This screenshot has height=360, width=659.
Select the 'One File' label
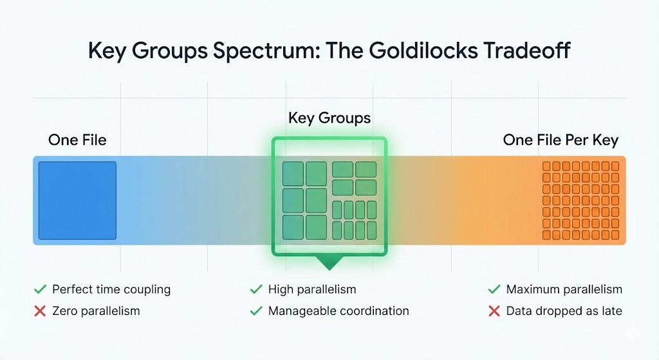tap(77, 140)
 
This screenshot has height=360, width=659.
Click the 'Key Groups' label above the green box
tap(329, 118)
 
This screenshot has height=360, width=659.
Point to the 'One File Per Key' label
tap(560, 140)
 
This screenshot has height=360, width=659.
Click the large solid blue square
tap(77, 200)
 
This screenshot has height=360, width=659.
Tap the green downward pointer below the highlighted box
tap(329, 263)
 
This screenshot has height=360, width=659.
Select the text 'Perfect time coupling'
tap(111, 289)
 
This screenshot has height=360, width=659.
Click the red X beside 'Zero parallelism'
tap(40, 311)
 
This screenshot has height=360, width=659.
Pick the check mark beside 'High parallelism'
tap(255, 289)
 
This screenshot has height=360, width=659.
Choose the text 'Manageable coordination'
tap(339, 311)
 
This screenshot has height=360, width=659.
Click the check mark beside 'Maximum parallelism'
tap(494, 289)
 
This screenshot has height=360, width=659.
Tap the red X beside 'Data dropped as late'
tap(494, 311)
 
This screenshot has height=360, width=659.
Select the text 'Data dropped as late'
tap(564, 311)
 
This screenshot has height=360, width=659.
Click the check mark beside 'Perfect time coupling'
tap(40, 289)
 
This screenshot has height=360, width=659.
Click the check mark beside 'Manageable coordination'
tap(255, 311)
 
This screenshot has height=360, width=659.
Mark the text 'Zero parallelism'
tap(96, 311)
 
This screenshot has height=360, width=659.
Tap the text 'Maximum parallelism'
tap(564, 289)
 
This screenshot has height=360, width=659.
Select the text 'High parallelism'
tap(312, 289)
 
